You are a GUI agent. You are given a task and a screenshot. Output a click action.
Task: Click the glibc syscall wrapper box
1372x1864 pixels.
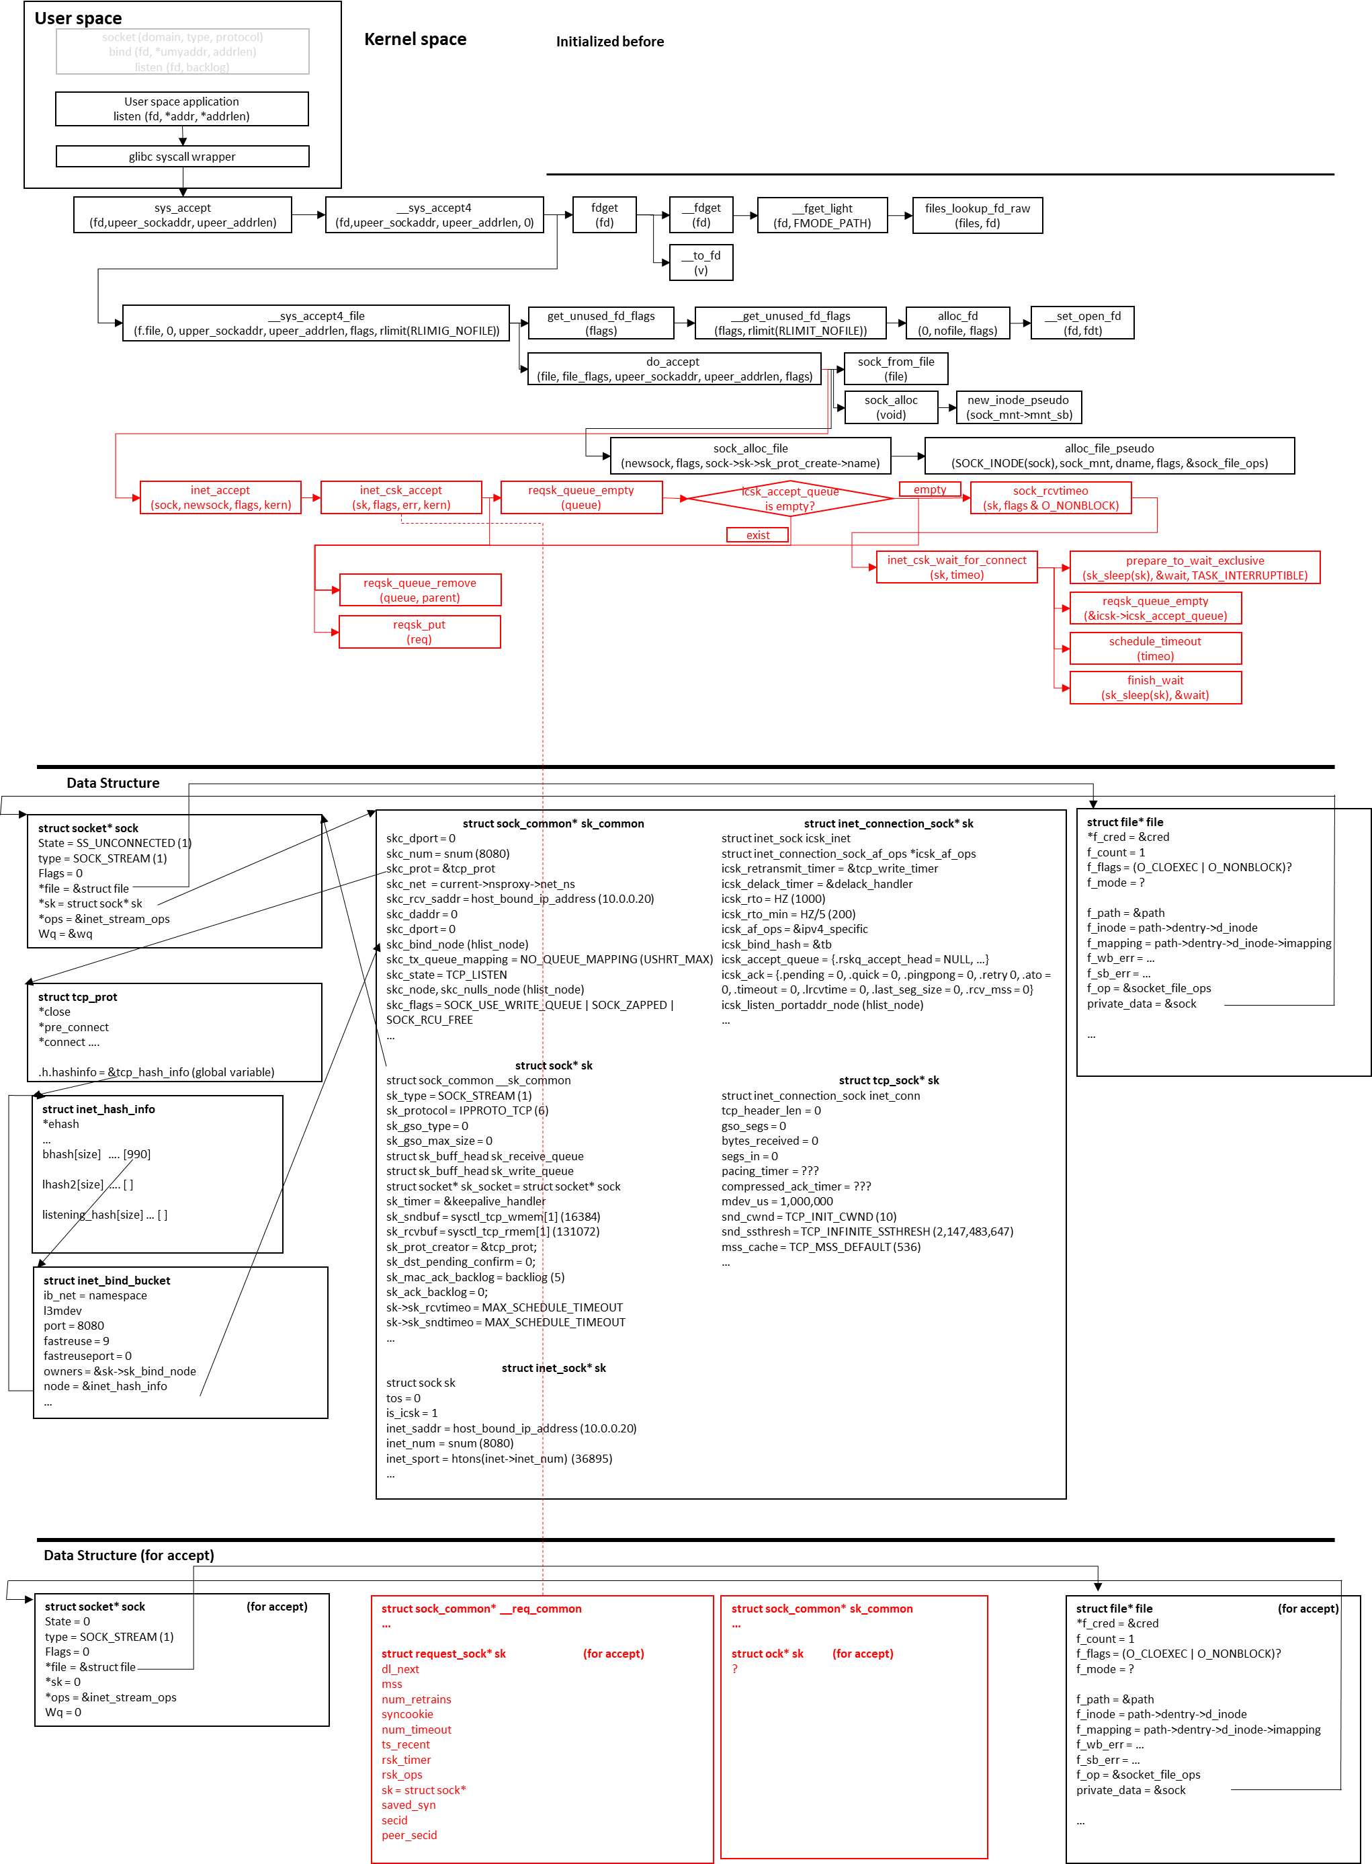point(182,156)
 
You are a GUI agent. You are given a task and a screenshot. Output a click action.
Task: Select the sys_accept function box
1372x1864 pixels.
point(183,215)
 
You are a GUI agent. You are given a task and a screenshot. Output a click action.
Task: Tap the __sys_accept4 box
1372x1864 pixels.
point(434,215)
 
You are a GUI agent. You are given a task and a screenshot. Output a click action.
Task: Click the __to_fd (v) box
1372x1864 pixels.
point(701,262)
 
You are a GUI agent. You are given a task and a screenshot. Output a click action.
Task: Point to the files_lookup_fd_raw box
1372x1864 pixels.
point(978,215)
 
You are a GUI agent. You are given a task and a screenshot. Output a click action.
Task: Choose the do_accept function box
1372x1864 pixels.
point(673,369)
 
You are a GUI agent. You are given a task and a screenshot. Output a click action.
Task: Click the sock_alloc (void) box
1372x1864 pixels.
point(891,407)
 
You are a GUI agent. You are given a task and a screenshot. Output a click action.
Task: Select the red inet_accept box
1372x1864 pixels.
point(220,497)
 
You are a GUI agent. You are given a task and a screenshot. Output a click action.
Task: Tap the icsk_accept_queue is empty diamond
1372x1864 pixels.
point(790,498)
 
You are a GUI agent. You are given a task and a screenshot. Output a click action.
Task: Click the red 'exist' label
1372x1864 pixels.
point(757,535)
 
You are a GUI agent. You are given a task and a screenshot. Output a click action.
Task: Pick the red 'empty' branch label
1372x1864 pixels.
point(929,489)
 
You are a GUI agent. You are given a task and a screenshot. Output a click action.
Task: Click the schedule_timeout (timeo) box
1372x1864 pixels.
point(1155,649)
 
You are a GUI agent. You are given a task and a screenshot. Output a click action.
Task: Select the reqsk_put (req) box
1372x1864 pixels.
point(419,631)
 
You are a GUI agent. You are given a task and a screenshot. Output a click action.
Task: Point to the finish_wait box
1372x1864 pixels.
point(1155,688)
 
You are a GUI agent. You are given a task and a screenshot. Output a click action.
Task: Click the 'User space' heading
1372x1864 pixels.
point(78,18)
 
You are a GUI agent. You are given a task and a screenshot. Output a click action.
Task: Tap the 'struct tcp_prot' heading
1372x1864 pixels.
point(77,997)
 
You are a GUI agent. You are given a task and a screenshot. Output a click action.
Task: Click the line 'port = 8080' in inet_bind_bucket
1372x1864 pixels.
point(74,1326)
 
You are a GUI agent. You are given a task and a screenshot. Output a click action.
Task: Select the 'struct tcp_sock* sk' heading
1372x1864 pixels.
point(889,1080)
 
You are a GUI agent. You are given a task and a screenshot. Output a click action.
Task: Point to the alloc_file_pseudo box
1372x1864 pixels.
point(1109,456)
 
